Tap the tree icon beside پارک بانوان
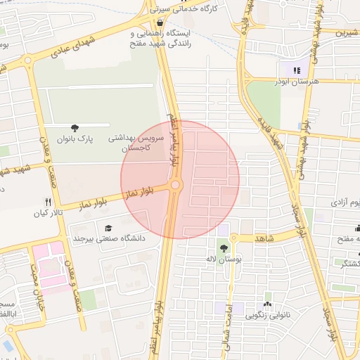[75, 127]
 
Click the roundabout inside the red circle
[175, 185]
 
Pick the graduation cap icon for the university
[108, 228]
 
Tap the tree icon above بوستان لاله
[223, 247]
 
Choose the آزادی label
[344, 202]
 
